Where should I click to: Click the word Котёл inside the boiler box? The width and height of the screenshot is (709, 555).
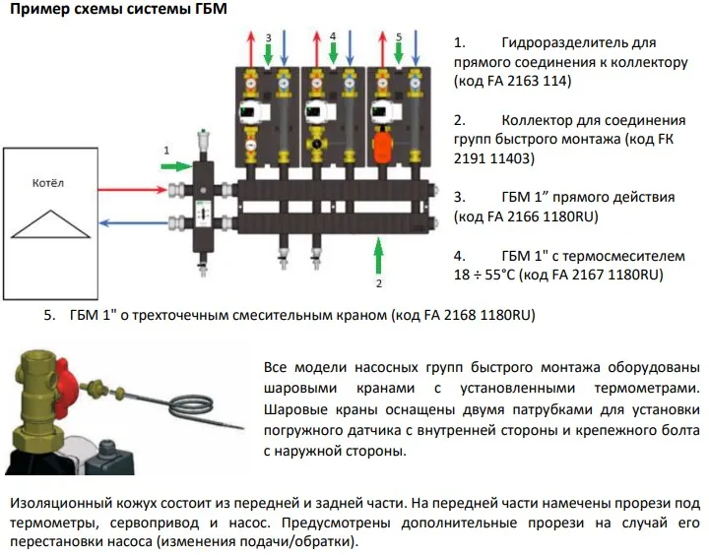pos(47,183)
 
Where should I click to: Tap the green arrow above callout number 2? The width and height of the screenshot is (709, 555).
pos(377,258)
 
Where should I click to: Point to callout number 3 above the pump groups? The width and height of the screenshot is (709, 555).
pos(267,36)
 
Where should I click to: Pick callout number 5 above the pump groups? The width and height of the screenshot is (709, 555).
pos(398,36)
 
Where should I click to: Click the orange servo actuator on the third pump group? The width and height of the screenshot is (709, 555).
pos(381,150)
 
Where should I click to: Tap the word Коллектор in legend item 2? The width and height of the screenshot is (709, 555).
pos(542,120)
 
